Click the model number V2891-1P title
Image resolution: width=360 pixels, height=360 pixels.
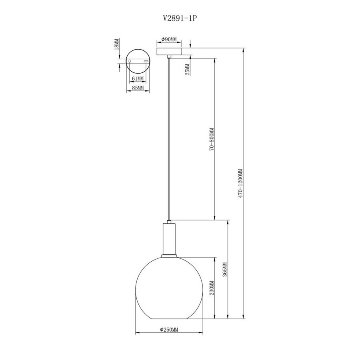(x=180, y=18)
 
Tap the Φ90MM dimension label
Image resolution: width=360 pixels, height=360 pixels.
(x=169, y=40)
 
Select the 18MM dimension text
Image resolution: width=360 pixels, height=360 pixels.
(x=117, y=44)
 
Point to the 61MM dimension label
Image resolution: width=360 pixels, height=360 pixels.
(x=138, y=79)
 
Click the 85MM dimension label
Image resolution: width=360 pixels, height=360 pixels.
(x=138, y=88)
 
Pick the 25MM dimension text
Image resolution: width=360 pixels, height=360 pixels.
(x=188, y=70)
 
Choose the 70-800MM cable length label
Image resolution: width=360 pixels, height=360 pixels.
(x=212, y=139)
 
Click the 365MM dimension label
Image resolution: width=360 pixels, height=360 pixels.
(x=225, y=269)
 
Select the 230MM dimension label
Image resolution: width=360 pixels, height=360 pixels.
(x=212, y=288)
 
